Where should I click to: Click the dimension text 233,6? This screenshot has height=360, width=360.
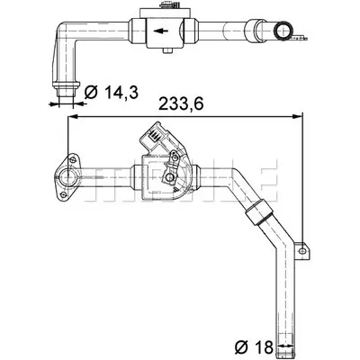pyautogui.click(x=181, y=103)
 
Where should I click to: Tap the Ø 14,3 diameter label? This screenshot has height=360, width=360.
pyautogui.click(x=111, y=92)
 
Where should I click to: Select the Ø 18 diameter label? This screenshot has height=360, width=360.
pyautogui.click(x=254, y=347)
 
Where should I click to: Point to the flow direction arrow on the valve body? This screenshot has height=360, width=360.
pyautogui.click(x=160, y=31)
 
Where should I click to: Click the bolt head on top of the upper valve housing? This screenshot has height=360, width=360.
pyautogui.click(x=165, y=4)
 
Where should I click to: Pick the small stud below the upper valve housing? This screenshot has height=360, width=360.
pyautogui.click(x=166, y=50)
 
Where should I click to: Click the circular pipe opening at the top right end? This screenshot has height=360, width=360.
pyautogui.click(x=283, y=31)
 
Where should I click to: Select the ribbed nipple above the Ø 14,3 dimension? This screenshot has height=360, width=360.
pyautogui.click(x=67, y=89)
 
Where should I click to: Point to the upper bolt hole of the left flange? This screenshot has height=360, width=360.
pyautogui.click(x=72, y=159)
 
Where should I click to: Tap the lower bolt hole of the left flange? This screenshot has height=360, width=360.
pyautogui.click(x=63, y=195)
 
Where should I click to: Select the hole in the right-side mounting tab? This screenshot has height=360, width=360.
pyautogui.click(x=302, y=250)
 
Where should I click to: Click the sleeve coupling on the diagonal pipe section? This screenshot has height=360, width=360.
pyautogui.click(x=259, y=212)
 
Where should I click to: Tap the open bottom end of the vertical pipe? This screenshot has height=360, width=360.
pyautogui.click(x=284, y=355)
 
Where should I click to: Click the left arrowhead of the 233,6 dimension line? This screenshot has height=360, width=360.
pyautogui.click(x=74, y=116)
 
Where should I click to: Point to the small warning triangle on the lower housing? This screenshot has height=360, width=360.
pyautogui.click(x=175, y=189)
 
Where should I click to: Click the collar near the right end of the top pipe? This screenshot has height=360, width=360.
pyautogui.click(x=254, y=31)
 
